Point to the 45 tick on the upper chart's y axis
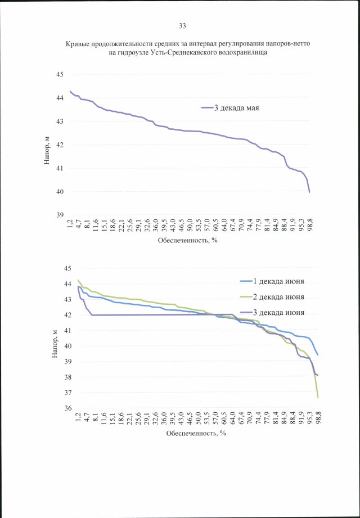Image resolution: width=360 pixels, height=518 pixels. [x=60, y=75]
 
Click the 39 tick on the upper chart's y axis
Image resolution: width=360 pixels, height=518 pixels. [x=60, y=215]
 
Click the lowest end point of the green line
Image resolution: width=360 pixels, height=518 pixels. [x=318, y=398]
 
